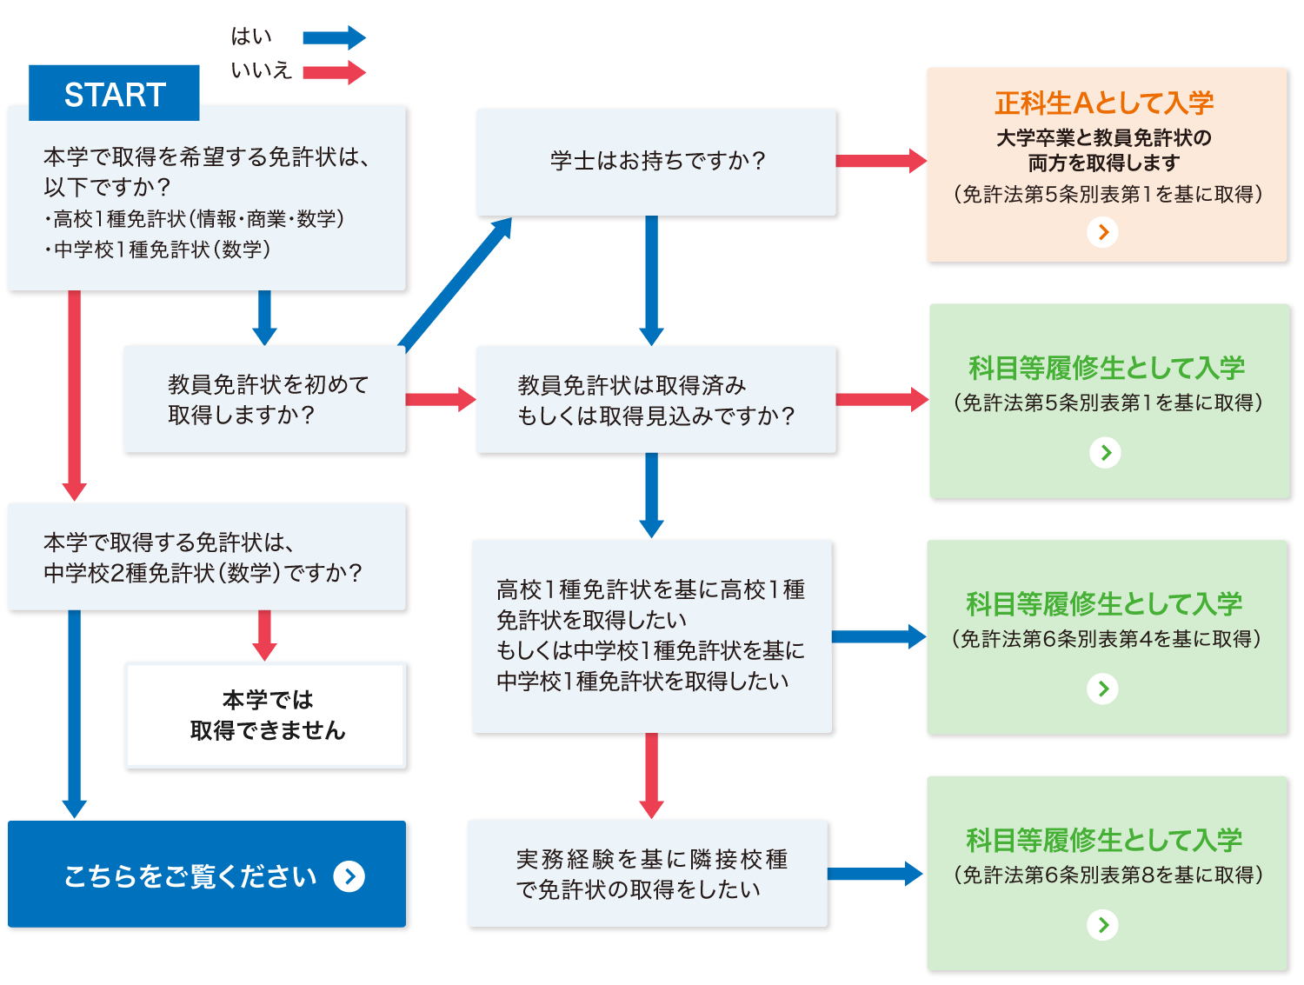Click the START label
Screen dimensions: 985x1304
coord(115,94)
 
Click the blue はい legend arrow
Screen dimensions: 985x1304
coord(334,37)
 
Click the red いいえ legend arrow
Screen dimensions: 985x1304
coord(334,71)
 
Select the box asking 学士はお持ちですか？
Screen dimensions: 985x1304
coord(656,162)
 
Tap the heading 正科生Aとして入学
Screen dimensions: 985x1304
coord(1104,103)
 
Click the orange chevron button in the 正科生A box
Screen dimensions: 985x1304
coord(1103,232)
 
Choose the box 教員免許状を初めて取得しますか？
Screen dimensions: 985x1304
coord(265,399)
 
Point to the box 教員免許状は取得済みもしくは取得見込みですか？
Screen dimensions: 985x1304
coord(656,400)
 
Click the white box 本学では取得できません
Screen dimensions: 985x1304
coord(266,715)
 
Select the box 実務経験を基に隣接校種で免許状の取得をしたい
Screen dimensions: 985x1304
coord(649,874)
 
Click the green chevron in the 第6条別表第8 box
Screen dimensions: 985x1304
coord(1103,925)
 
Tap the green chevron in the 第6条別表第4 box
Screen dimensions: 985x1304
coord(1103,689)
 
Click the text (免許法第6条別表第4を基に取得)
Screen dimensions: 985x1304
coord(1106,639)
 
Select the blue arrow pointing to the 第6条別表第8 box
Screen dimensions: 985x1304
coord(875,874)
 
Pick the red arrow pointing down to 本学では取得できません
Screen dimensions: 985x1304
coord(265,635)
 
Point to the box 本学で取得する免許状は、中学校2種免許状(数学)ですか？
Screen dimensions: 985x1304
coord(207,557)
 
